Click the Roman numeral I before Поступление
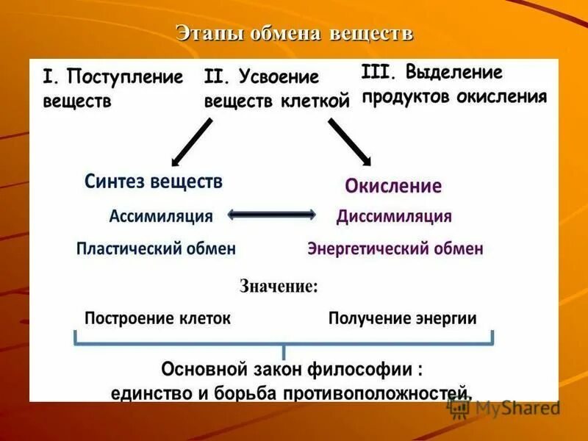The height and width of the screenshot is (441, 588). (49, 77)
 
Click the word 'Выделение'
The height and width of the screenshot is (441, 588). (454, 72)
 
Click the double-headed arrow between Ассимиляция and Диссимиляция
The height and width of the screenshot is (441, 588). (272, 215)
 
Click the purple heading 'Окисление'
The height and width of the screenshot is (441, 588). (393, 185)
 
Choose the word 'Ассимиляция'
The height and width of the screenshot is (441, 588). (161, 216)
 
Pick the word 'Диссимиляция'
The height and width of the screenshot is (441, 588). (394, 217)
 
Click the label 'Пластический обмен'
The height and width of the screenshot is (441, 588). (156, 248)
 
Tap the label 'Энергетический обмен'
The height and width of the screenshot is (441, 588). (395, 248)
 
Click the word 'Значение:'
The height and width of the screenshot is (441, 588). (279, 287)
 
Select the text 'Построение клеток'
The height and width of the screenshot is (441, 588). (157, 318)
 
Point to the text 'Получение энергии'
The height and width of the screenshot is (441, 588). (402, 318)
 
